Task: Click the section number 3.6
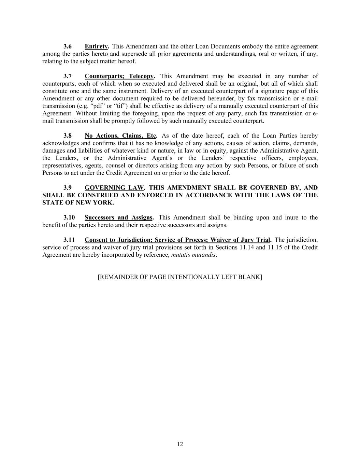click(68, 46)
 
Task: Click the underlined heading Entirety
click(96, 46)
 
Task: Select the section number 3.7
click(68, 76)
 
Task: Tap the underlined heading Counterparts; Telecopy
click(119, 76)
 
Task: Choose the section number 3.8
click(68, 136)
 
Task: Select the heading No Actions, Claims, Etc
click(120, 136)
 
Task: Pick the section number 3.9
click(68, 188)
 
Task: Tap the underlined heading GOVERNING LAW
click(114, 188)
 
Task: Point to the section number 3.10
click(69, 217)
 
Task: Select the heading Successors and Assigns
click(118, 217)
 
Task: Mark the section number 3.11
click(69, 240)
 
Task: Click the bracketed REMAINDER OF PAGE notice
click(180, 277)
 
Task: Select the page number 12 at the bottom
click(180, 444)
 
